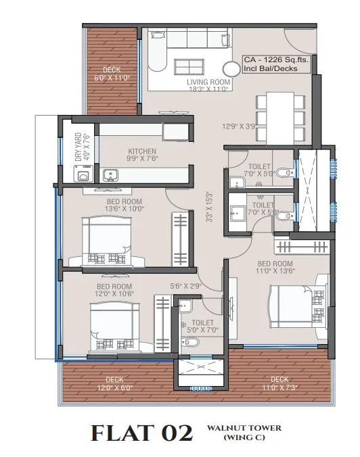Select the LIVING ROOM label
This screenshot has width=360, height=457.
(x=209, y=82)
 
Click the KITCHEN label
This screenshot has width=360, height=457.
(x=143, y=151)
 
